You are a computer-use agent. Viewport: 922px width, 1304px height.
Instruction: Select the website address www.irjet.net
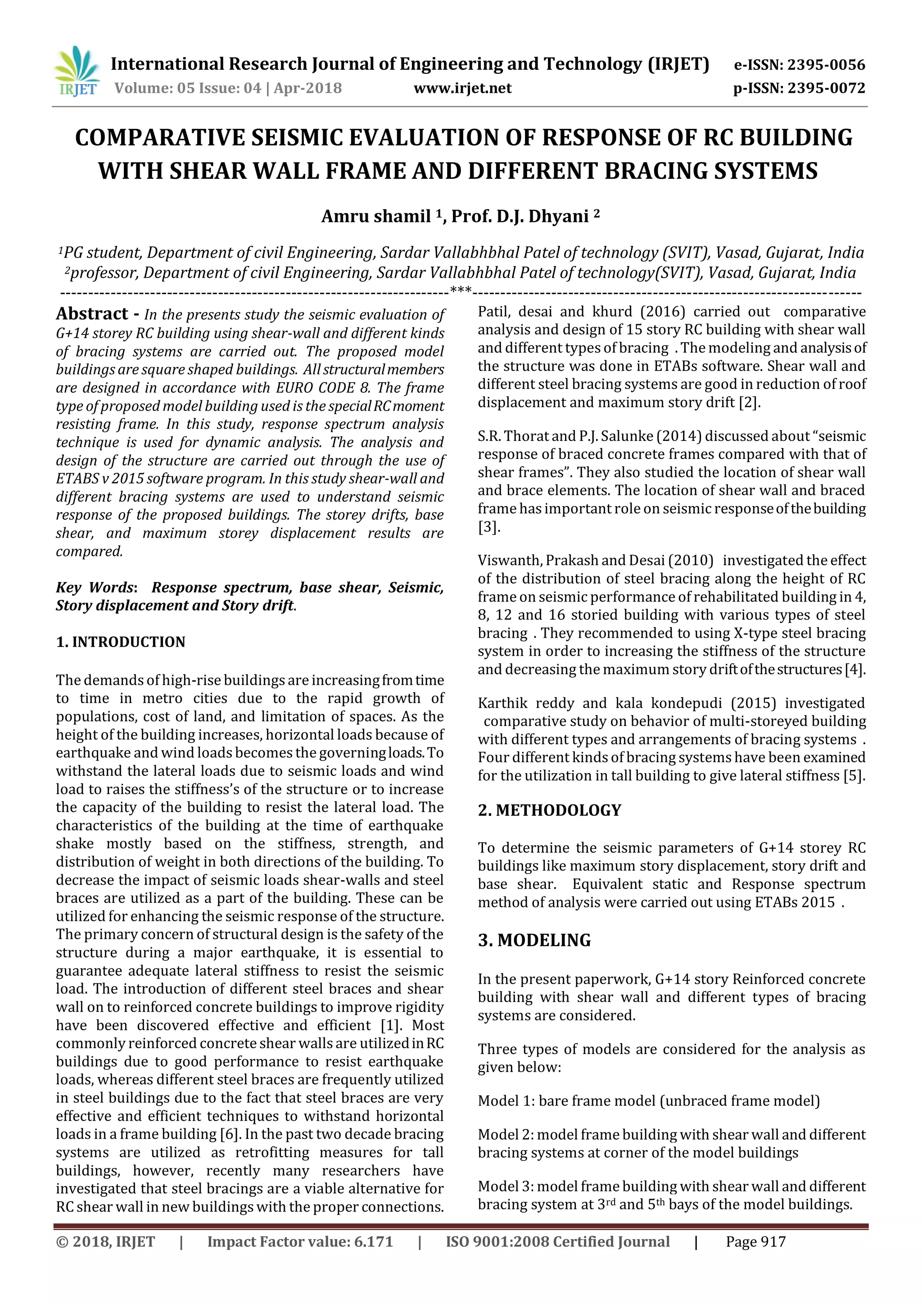[462, 88]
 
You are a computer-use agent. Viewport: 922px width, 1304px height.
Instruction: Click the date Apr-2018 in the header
[308, 88]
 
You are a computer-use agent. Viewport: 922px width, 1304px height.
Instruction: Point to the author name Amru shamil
[376, 217]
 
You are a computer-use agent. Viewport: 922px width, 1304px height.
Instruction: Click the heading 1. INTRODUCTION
[120, 642]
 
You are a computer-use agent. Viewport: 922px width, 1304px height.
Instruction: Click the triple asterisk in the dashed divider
[461, 291]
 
